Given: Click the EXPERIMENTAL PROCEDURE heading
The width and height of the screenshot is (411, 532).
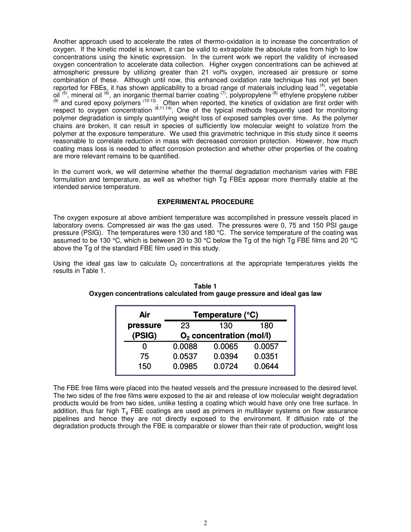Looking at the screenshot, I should pyautogui.click(x=205, y=202).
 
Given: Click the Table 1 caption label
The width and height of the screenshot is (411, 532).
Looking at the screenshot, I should pyautogui.click(x=205, y=286).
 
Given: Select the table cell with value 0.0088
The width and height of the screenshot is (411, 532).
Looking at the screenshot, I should pyautogui.click(x=185, y=346).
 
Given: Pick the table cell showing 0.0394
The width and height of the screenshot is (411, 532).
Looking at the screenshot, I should pyautogui.click(x=226, y=356).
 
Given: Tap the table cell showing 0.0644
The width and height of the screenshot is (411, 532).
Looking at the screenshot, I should pyautogui.click(x=266, y=366).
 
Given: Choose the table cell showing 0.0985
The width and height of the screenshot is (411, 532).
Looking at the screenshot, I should pyautogui.click(x=185, y=366).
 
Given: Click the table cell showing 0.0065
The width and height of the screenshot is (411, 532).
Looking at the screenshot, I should pyautogui.click(x=226, y=346).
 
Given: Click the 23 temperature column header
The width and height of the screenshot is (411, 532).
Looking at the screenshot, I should pyautogui.click(x=185, y=326).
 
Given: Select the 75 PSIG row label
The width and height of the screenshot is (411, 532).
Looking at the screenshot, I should pyautogui.click(x=144, y=356).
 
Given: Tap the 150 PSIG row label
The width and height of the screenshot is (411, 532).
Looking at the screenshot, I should pyautogui.click(x=144, y=366).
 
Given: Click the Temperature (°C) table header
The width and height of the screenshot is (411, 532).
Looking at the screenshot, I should pyautogui.click(x=225, y=315).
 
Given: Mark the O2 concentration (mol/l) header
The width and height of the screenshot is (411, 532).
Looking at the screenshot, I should pyautogui.click(x=225, y=336).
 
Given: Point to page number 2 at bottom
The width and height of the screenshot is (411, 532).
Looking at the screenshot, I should pyautogui.click(x=205, y=523).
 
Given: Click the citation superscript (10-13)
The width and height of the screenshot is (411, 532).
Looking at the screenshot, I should pyautogui.click(x=149, y=101).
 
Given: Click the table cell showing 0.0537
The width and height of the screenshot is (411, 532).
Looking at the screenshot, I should pyautogui.click(x=185, y=356).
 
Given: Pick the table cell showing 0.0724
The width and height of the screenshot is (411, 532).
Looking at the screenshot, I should pyautogui.click(x=226, y=366).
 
